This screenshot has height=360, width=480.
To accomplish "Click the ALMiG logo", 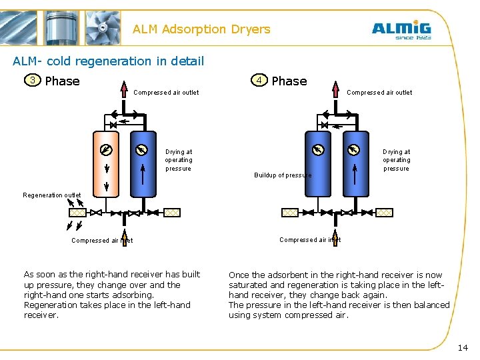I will click(401, 30).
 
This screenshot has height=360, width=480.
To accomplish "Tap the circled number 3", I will click(31, 81).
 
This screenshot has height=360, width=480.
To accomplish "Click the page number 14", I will click(463, 348).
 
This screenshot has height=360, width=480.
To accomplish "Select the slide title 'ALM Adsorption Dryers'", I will click(201, 29).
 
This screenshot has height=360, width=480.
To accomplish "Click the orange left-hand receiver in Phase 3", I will click(106, 167).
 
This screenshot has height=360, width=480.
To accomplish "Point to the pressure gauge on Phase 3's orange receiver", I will click(106, 149).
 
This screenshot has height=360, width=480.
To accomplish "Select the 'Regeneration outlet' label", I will click(52, 195).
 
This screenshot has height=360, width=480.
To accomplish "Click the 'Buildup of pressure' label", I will click(283, 175).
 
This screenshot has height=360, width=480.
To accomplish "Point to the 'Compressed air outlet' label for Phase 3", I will click(166, 93).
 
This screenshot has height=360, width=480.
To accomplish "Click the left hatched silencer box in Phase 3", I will click(78, 213).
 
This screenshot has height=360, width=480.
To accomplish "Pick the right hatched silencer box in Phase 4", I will click(385, 213).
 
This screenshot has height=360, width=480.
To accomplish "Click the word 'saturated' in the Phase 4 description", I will click(248, 285).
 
